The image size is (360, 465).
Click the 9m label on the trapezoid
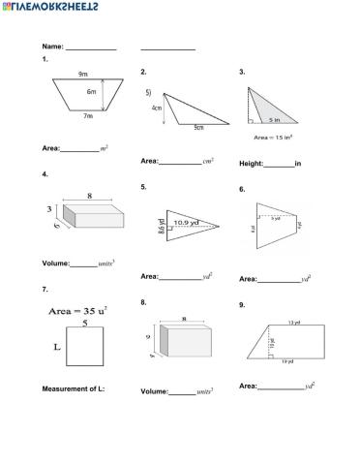pos(83,75)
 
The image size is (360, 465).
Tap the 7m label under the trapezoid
pos(87,116)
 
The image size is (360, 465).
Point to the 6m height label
pos(92,92)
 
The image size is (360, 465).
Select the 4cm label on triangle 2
pos(157,108)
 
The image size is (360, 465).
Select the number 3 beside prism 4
pos(47,208)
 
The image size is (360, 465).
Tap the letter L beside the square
pos(56,344)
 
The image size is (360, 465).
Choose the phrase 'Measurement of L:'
pos(74,388)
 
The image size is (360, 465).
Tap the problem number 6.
pos(242,189)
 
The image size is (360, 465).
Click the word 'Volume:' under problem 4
pos(56,263)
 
